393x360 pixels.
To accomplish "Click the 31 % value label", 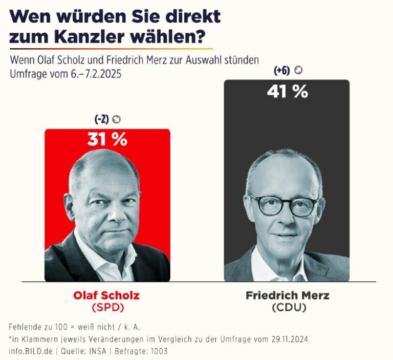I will pos(107,139).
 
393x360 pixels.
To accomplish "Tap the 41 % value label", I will pos(287,91).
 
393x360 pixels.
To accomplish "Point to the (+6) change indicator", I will pos(282,71).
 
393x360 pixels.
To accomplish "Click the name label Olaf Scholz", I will pos(106,295).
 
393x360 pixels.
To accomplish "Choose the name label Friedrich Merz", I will pos(288,295).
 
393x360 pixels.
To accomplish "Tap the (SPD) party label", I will pos(107,307).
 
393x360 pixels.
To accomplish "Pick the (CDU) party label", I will pos(288,307).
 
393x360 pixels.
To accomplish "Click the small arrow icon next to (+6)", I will pos(298,71).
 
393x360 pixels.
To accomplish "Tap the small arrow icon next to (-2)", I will pos(117,119).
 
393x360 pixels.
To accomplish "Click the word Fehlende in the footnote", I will pos(25,327).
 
